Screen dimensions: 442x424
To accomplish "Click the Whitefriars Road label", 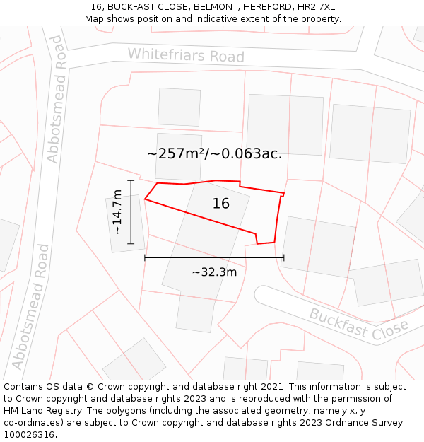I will coord(186,55).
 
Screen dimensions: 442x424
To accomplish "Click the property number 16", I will coord(220,204).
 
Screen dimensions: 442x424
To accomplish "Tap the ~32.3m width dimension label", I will coord(214,272).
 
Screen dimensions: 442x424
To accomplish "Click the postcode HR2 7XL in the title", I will coord(317,7).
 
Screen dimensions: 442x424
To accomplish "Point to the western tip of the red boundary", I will coord(145,199).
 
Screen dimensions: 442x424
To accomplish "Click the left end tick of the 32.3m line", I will coord(145,258).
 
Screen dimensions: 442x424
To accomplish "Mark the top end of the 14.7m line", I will coord(131,181).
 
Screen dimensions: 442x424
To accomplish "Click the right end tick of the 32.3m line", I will coord(283,258).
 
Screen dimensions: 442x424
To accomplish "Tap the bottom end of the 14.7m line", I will coord(131,244).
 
